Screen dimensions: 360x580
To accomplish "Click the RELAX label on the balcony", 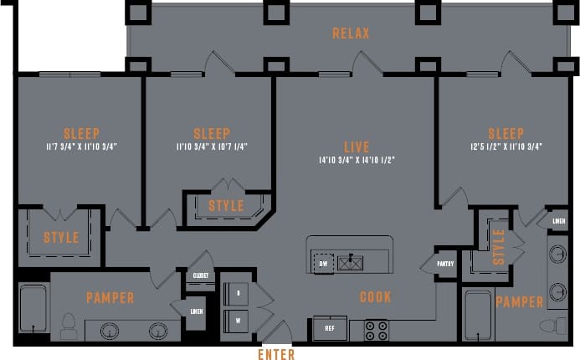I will pos(351,33).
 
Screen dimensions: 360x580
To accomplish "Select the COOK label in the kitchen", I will pos(376,297).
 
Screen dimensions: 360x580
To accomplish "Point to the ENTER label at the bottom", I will pos(275,354).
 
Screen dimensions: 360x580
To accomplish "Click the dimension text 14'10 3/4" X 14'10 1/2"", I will pos(356,159).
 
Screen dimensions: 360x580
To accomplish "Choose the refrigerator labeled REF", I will pos(330,329).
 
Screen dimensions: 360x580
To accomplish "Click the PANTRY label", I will pos(445,265).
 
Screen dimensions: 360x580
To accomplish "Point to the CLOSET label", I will pos(200,275).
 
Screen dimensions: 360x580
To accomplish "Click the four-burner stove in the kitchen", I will pos(376,329).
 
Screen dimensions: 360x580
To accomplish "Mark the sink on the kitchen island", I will pos(350,262).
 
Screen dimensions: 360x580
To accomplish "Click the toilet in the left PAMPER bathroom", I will pos(69,324).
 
